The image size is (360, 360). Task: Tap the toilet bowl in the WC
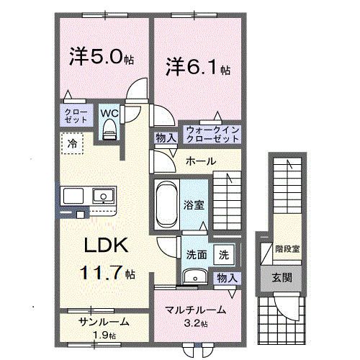coord(109,128)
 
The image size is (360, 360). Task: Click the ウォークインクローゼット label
coord(212,133)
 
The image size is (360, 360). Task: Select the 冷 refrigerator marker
coord(72,145)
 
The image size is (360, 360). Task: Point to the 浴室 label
coord(194,204)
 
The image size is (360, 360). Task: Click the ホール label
coord(201,161)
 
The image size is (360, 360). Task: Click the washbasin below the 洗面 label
coord(194,277)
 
